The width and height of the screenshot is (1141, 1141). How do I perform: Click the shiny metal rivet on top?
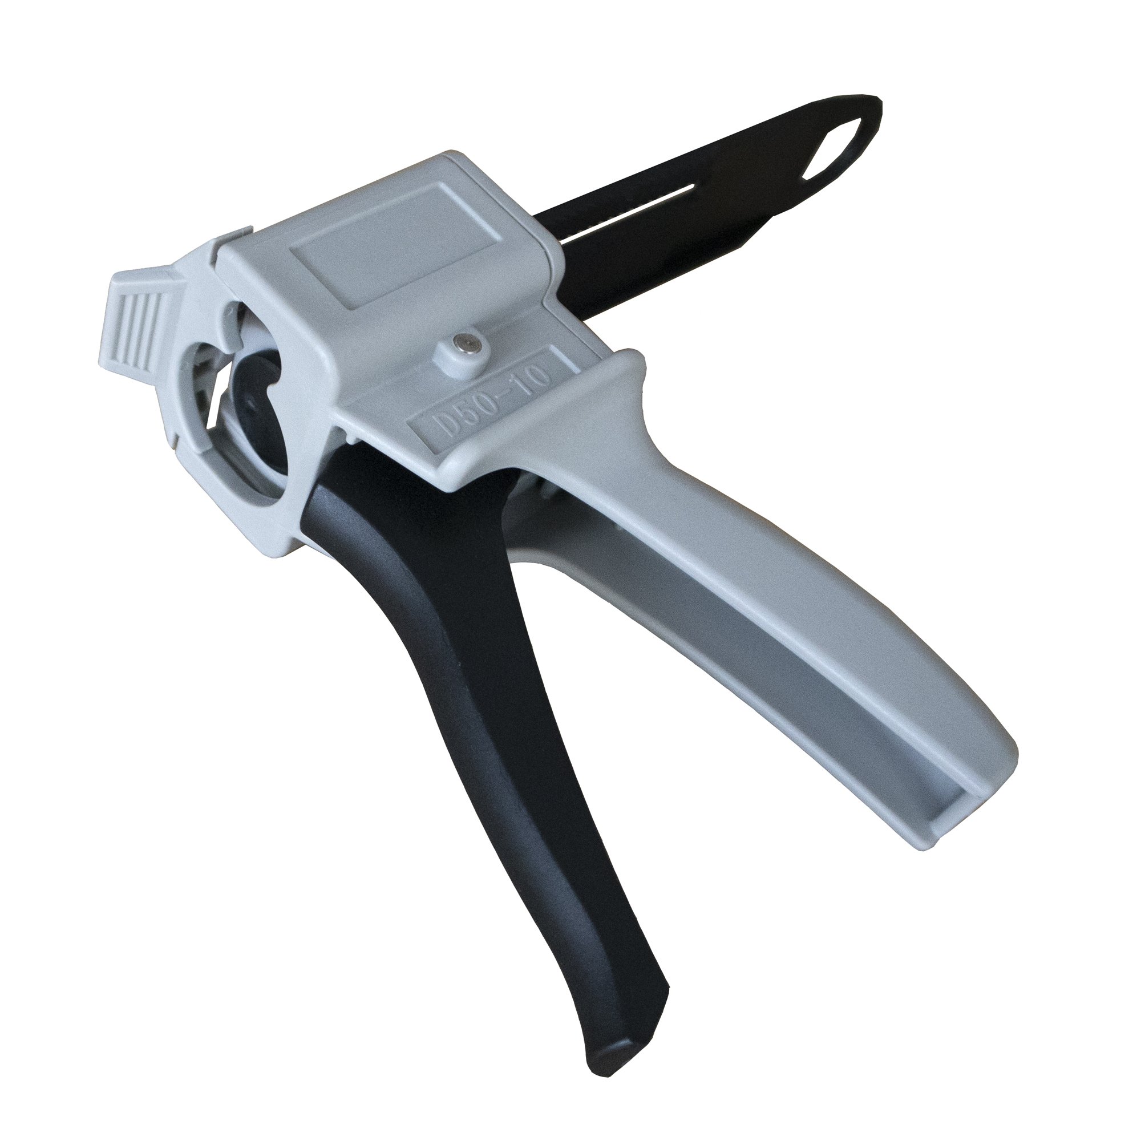point(462,341)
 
